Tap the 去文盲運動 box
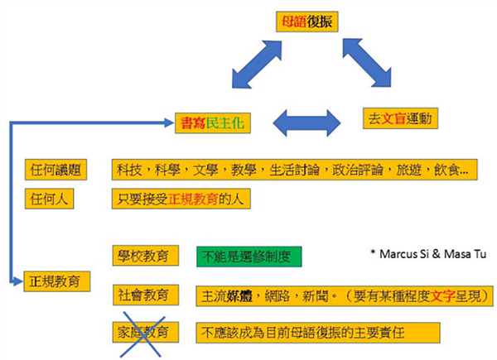401,118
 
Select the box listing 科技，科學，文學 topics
293,170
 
